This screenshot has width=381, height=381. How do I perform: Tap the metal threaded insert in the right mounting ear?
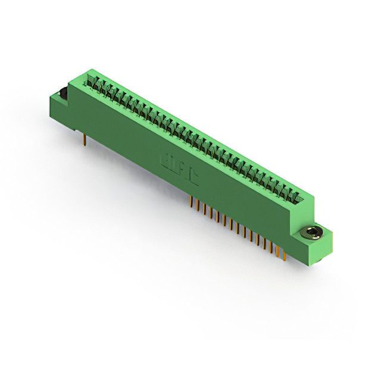click(x=311, y=233)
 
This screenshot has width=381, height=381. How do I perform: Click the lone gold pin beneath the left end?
click(x=85, y=139)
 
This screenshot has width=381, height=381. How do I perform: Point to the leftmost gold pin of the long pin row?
click(x=192, y=201)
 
